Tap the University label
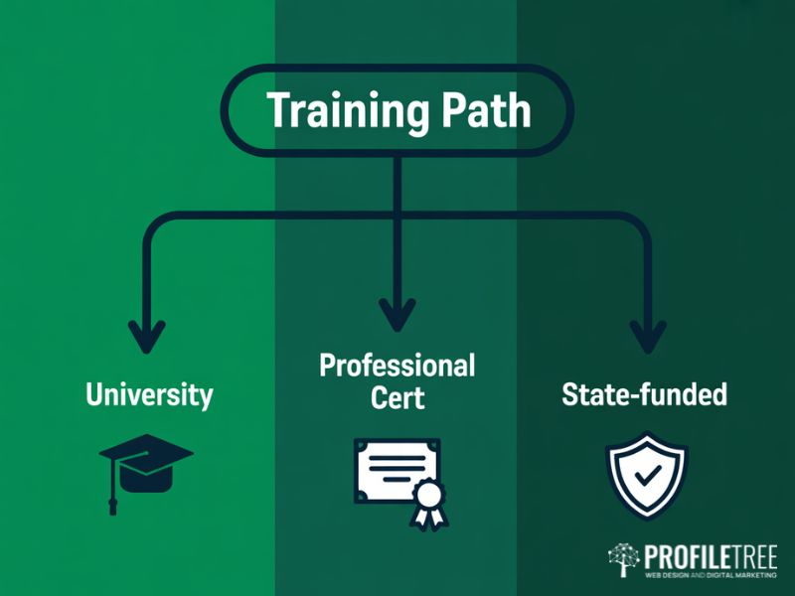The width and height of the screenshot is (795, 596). [149, 394]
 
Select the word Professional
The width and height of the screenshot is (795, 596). [397, 366]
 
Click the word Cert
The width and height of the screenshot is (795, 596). [397, 398]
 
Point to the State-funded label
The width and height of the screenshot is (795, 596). [644, 394]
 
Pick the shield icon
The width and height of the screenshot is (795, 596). [646, 474]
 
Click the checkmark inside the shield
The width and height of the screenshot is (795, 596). [646, 474]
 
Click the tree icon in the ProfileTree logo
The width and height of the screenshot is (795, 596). [624, 559]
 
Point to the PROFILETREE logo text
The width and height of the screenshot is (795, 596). [710, 554]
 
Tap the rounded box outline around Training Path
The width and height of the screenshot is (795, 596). [227, 110]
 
